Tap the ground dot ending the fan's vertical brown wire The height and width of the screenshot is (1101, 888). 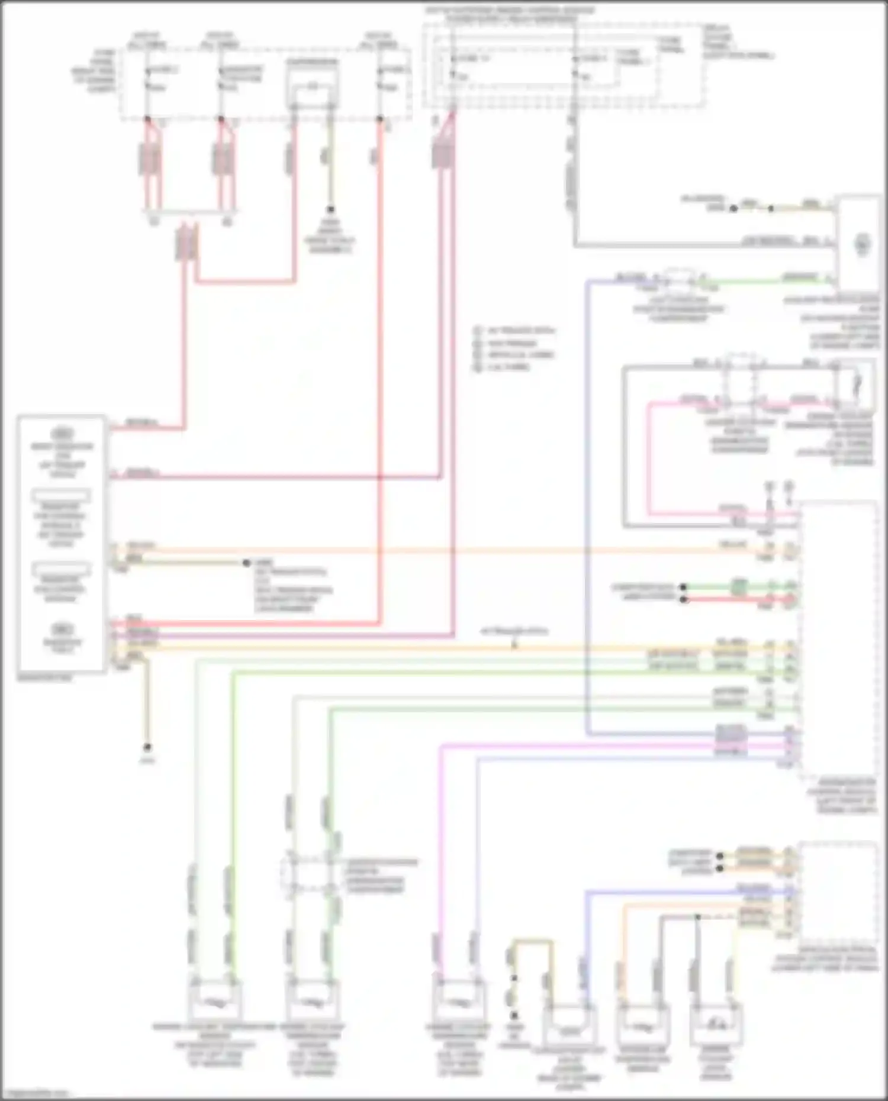tap(147, 748)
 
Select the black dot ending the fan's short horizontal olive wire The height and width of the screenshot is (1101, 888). tap(246, 563)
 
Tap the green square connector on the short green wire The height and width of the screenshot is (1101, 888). tap(738, 587)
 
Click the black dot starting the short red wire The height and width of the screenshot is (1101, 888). tap(684, 599)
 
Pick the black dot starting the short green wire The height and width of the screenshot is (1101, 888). tap(684, 587)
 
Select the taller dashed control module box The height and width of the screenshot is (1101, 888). tap(838, 639)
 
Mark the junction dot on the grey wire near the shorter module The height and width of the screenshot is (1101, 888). tap(697, 916)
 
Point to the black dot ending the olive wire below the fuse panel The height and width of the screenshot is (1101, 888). tap(330, 209)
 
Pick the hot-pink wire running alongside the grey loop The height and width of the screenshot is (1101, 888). tap(649, 461)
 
